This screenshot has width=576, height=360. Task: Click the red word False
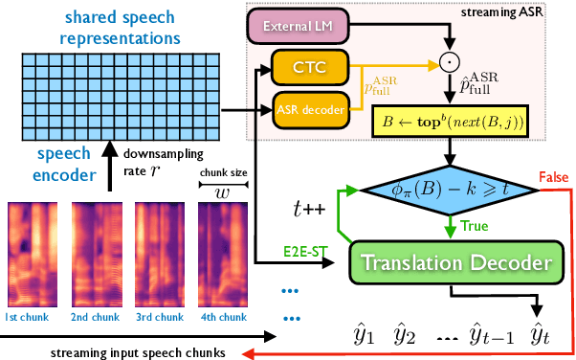pyautogui.click(x=553, y=179)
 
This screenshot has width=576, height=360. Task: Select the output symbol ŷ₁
pyautogui.click(x=364, y=334)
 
